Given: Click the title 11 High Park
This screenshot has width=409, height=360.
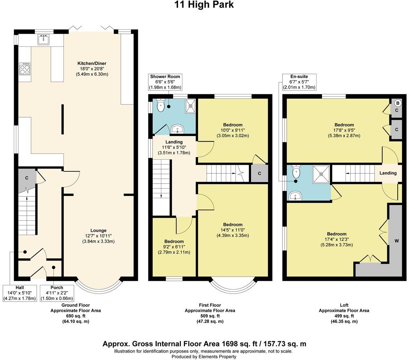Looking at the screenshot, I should point(204,5).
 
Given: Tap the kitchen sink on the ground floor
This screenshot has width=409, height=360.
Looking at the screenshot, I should point(43,40).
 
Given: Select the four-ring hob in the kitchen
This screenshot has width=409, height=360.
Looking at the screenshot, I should point(25,69).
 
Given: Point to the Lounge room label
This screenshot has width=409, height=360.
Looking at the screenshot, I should point(98,236).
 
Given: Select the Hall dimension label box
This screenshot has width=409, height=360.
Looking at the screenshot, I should point(20,293).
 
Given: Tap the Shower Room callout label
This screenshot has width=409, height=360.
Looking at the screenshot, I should point(165,82).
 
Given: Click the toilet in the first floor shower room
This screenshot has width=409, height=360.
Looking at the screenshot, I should point(160,105).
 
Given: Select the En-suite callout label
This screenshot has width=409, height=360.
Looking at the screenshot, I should point(299,82).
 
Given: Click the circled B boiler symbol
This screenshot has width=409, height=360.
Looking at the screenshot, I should point(397,103).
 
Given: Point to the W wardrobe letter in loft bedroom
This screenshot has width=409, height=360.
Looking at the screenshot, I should point(397,241).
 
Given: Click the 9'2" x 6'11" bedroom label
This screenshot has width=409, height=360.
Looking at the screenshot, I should point(174,247).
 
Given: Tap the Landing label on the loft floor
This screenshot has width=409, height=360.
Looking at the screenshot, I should point(388,173).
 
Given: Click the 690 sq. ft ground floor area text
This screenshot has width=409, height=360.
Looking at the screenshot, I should point(75,316).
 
